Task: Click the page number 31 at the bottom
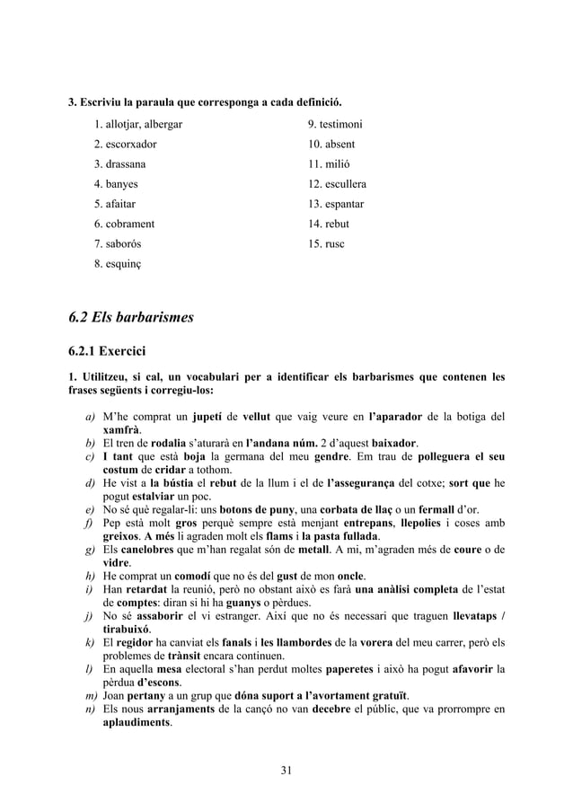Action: [286, 770]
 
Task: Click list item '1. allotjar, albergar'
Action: [138, 124]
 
